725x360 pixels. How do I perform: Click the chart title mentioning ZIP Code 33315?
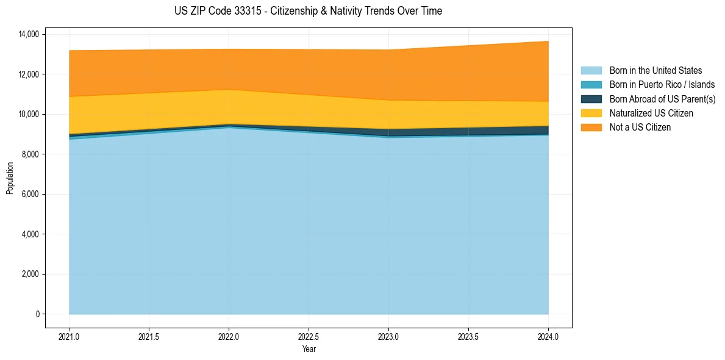(308, 11)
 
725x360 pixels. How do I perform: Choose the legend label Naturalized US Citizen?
(651, 113)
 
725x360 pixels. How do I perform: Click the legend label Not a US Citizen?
(640, 128)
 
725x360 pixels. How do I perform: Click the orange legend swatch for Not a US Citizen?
(591, 128)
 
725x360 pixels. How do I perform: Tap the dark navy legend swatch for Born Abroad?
(591, 99)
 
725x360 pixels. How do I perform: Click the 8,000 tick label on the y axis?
(30, 154)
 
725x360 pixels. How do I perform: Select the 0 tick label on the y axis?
(37, 314)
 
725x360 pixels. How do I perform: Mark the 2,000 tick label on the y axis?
(30, 275)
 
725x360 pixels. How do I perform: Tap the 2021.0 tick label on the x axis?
(70, 336)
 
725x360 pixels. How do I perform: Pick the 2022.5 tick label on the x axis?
(309, 336)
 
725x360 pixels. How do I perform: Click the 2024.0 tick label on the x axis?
(548, 336)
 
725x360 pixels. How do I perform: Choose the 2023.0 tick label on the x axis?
(388, 336)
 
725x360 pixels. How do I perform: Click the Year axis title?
(309, 349)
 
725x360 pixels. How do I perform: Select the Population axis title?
(10, 178)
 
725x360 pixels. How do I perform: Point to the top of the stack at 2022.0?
(229, 49)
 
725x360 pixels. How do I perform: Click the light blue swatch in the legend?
(591, 71)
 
